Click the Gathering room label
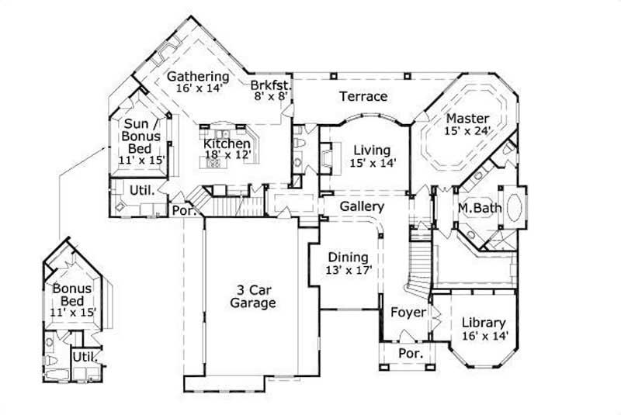coord(198,76)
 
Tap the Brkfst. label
coord(269,85)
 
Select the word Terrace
coord(363,96)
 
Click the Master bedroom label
coord(467,118)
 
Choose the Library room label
coord(483,323)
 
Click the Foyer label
coord(408,313)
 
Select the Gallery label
coord(361,207)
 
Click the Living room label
coord(372,150)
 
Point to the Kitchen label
coord(227,144)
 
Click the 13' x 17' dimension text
coord(349,271)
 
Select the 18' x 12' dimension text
coord(227,154)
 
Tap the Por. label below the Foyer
coord(410,353)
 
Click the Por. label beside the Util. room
coord(182,210)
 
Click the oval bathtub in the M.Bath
coord(514,207)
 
